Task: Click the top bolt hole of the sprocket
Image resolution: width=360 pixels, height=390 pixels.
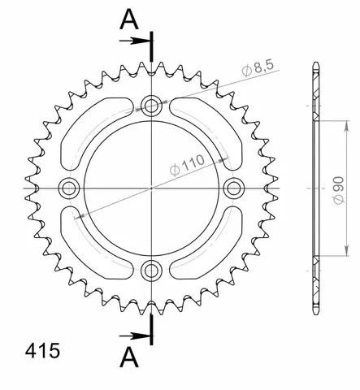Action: (x=152, y=104)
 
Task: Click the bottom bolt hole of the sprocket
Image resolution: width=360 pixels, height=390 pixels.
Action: (x=152, y=271)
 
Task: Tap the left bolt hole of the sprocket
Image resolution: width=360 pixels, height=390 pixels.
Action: (x=68, y=188)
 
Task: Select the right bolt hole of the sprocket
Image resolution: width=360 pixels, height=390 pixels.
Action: (x=235, y=188)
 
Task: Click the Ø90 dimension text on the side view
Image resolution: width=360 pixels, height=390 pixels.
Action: (x=342, y=188)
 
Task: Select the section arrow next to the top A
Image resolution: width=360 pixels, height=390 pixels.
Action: (x=136, y=41)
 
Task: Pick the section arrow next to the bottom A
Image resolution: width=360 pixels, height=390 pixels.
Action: (x=136, y=335)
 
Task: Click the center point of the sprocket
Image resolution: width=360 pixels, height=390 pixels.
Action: (x=152, y=188)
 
